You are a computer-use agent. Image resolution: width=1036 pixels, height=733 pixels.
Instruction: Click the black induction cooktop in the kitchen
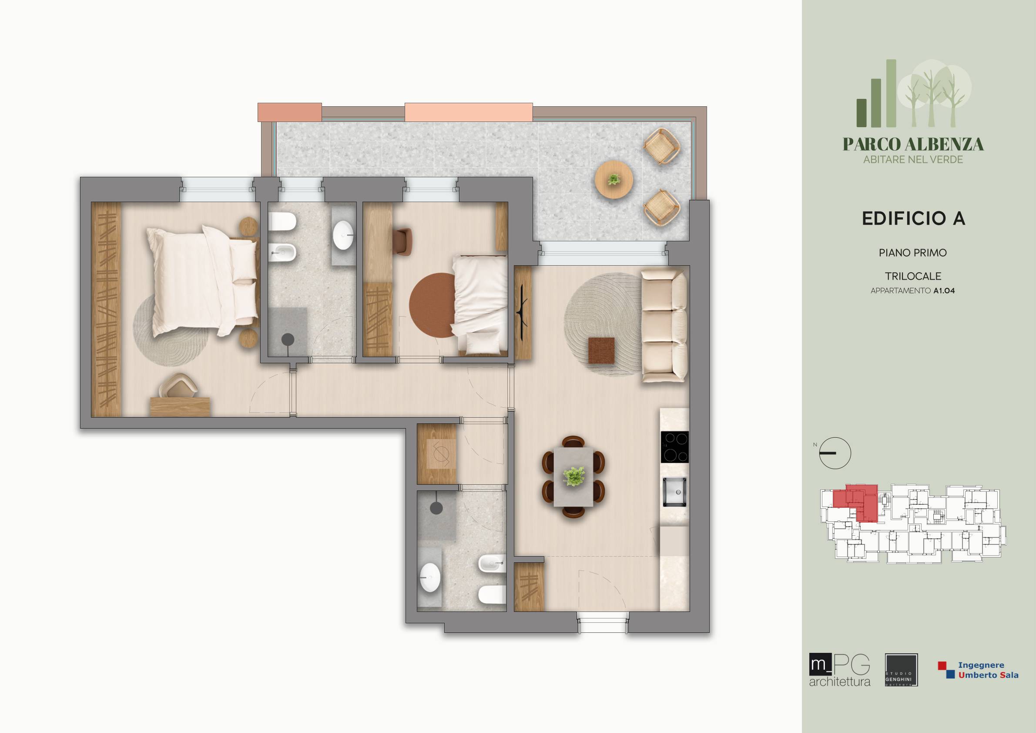674,447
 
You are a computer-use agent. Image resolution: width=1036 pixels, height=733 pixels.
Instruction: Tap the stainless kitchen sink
674,492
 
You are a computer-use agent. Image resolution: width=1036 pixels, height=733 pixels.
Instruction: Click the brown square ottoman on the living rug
601,350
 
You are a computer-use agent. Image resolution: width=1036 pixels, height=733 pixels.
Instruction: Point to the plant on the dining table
574,476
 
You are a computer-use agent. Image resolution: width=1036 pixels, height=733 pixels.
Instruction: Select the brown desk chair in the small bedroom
402,242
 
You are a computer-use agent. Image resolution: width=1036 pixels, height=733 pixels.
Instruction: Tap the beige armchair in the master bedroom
180,385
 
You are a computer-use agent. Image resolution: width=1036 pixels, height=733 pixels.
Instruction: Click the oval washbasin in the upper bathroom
343,235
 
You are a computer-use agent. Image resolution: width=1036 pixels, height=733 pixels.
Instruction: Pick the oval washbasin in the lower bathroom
429,577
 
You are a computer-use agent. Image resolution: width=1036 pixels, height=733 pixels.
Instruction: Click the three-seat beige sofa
664,326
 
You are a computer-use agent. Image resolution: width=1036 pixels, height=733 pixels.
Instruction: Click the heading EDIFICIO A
913,219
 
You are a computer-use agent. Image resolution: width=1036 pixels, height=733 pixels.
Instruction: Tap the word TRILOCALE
913,276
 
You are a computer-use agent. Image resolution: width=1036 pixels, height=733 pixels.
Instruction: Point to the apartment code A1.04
944,291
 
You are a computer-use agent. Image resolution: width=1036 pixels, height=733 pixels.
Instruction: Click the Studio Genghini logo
901,670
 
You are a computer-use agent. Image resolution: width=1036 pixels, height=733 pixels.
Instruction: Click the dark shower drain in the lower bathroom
436,508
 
